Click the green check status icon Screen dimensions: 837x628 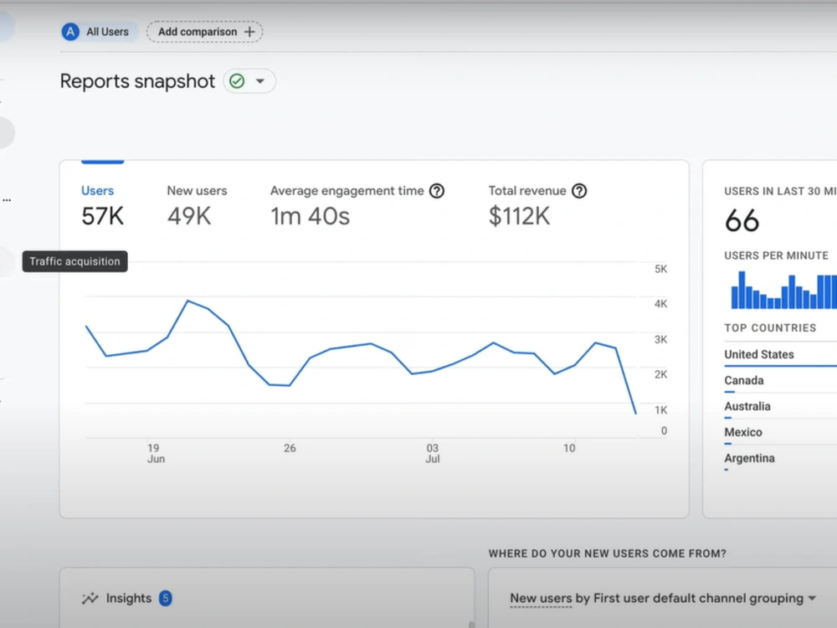(x=237, y=81)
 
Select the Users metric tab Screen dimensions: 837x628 (x=97, y=191)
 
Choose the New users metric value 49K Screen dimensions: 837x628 (x=189, y=216)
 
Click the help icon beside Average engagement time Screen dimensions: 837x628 (x=437, y=191)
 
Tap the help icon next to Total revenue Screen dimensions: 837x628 (x=579, y=191)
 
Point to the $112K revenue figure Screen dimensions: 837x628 (x=519, y=216)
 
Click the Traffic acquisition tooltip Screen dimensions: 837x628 (x=74, y=261)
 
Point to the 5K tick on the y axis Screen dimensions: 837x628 (x=661, y=269)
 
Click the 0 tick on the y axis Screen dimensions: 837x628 (x=664, y=430)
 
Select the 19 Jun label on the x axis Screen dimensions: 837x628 (x=156, y=453)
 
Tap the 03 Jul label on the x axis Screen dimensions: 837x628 (x=433, y=453)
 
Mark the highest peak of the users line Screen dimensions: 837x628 (x=187, y=301)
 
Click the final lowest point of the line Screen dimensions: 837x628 (x=636, y=413)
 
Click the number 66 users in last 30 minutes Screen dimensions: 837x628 (x=742, y=220)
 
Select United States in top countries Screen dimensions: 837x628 (x=759, y=354)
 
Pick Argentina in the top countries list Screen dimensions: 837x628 (x=749, y=458)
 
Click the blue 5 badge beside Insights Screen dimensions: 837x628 (x=166, y=598)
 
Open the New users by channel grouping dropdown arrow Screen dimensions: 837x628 (x=812, y=598)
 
